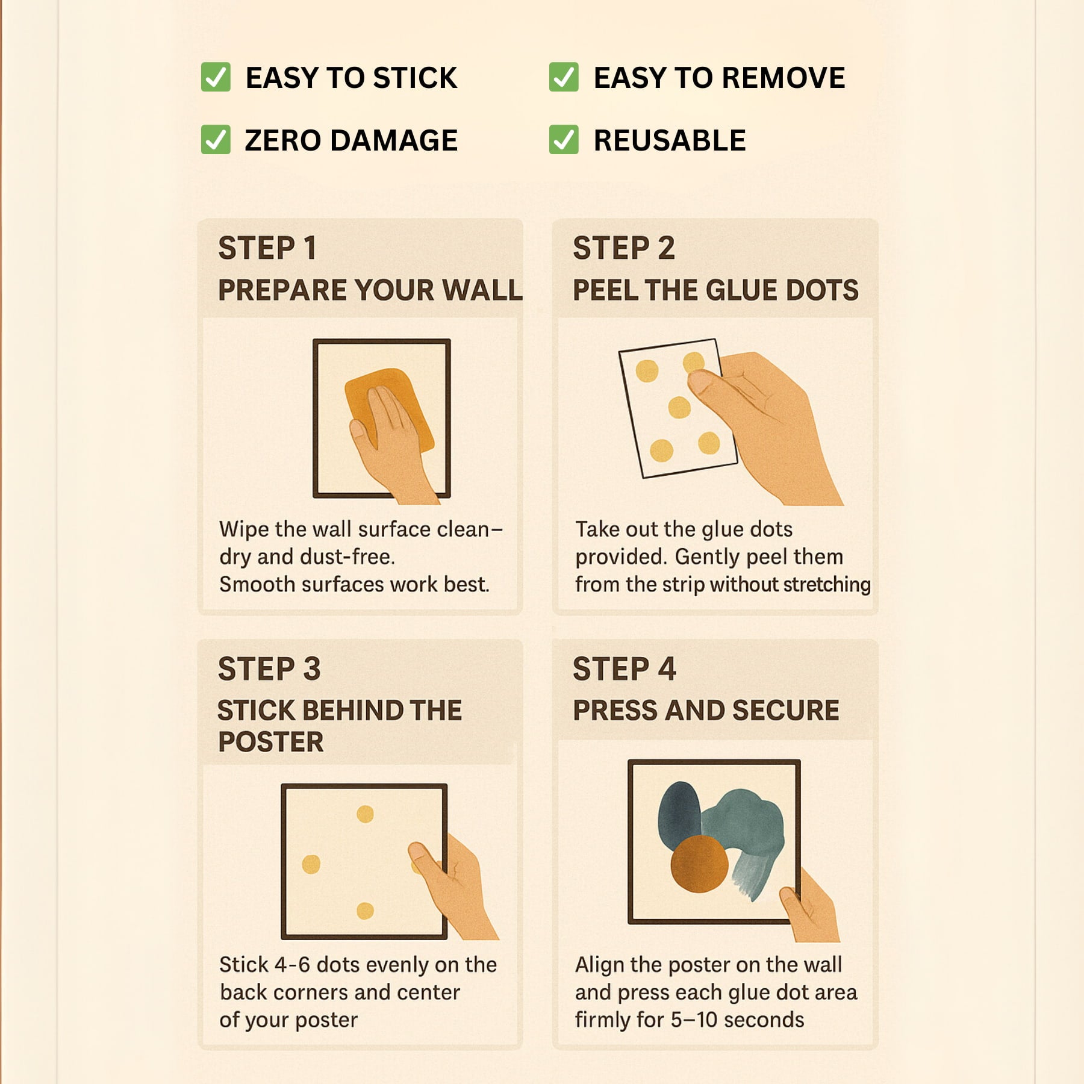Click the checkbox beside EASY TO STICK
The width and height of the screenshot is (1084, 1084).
216,77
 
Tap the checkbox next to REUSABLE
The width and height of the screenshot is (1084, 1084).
564,140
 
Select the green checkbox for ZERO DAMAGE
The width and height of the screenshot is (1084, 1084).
216,140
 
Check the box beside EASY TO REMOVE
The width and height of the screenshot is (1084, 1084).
564,77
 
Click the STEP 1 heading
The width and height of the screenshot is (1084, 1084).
267,248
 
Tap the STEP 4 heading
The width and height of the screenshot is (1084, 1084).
625,669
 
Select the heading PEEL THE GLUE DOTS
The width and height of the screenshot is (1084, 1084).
715,290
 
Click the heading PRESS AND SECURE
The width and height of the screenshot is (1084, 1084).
706,711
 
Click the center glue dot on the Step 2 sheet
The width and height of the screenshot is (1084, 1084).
679,408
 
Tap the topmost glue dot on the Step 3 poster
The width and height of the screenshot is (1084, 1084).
365,814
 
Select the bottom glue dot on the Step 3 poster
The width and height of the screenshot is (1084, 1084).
365,911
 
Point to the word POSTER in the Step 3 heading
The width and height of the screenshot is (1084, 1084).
271,742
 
